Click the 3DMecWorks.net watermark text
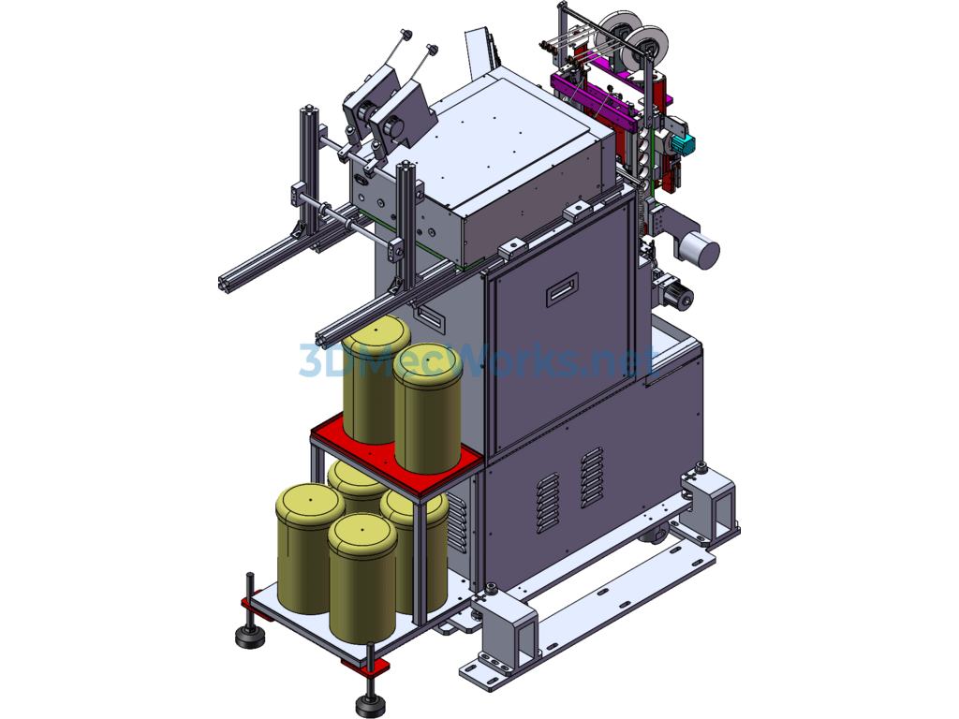pyautogui.click(x=479, y=359)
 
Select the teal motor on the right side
pyautogui.click(x=682, y=143)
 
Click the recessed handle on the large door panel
pyautogui.click(x=562, y=289)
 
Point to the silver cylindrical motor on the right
pyautogui.click(x=699, y=249)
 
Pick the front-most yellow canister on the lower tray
pyautogui.click(x=362, y=578)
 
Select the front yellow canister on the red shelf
pyautogui.click(x=427, y=410)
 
